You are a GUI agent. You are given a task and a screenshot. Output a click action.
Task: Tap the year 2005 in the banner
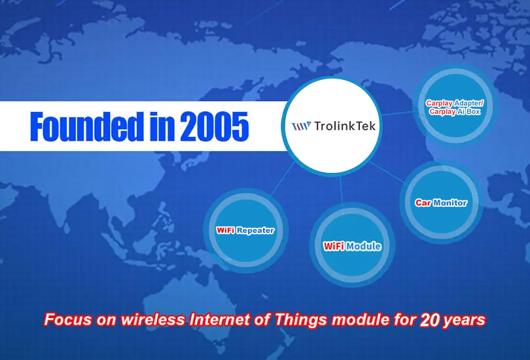[x=215, y=126]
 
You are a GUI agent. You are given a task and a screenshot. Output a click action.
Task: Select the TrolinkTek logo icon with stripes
[x=301, y=126]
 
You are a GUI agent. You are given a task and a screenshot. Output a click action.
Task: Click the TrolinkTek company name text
[x=345, y=126]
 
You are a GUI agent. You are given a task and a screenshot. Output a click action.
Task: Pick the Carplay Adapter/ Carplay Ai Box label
[x=455, y=107]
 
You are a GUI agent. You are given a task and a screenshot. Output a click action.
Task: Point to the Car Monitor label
[x=441, y=202]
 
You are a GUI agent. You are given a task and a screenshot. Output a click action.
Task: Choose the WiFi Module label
[x=352, y=246]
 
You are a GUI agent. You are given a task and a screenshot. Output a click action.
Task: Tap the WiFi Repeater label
[x=245, y=230]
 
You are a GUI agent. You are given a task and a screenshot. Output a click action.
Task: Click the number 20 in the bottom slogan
[x=430, y=320]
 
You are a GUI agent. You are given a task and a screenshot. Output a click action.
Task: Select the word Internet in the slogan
[x=219, y=319]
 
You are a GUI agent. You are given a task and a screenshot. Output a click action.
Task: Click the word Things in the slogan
[x=300, y=320]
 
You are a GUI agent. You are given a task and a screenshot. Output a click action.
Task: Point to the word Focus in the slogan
[x=67, y=319]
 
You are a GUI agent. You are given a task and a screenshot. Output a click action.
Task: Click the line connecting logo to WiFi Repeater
[x=282, y=179]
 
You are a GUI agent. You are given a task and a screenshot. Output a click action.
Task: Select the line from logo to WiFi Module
[x=341, y=190]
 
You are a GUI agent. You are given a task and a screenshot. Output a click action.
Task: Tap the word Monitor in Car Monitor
[x=450, y=202]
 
